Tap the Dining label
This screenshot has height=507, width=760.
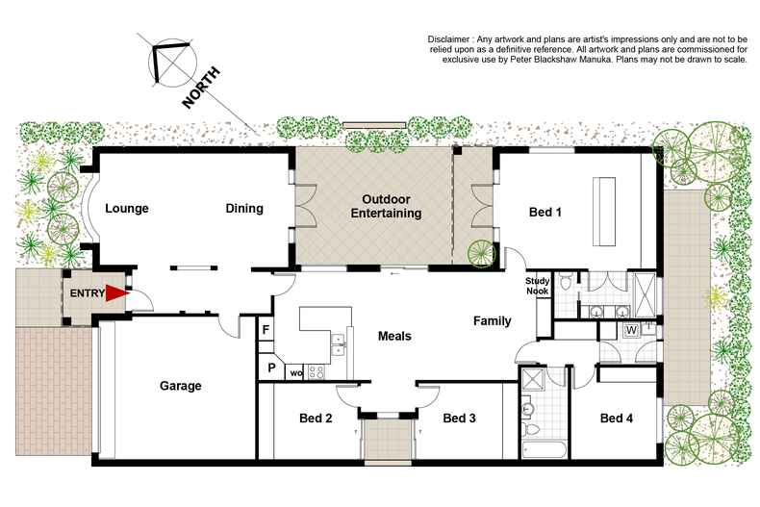pyautogui.click(x=244, y=209)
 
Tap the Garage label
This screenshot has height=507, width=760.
pyautogui.click(x=180, y=386)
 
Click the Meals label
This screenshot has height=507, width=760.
pyautogui.click(x=394, y=336)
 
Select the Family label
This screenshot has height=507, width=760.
pyautogui.click(x=491, y=320)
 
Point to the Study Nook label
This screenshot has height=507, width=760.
pyautogui.click(x=537, y=287)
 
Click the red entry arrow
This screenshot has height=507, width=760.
pyautogui.click(x=116, y=292)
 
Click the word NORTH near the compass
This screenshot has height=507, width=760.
pyautogui.click(x=205, y=88)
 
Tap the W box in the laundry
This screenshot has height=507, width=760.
pyautogui.click(x=631, y=330)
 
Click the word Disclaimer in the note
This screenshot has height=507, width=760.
pyautogui.click(x=455, y=38)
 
